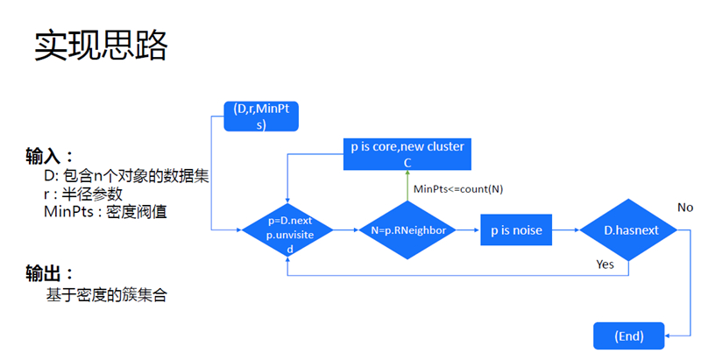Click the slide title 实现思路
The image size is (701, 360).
(x=100, y=46)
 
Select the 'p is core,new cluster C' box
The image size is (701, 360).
(x=407, y=153)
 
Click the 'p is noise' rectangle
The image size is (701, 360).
(x=516, y=230)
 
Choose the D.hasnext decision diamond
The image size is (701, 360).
(x=630, y=230)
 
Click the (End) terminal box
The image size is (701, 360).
(x=629, y=335)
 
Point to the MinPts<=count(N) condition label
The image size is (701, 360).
(x=457, y=188)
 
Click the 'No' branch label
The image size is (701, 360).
(x=685, y=207)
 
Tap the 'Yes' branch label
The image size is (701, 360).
(x=605, y=263)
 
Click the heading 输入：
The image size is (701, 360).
(x=49, y=158)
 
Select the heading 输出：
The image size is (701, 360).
(x=49, y=274)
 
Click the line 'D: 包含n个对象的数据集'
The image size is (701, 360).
(x=126, y=176)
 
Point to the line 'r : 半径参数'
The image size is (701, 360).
(x=83, y=194)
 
